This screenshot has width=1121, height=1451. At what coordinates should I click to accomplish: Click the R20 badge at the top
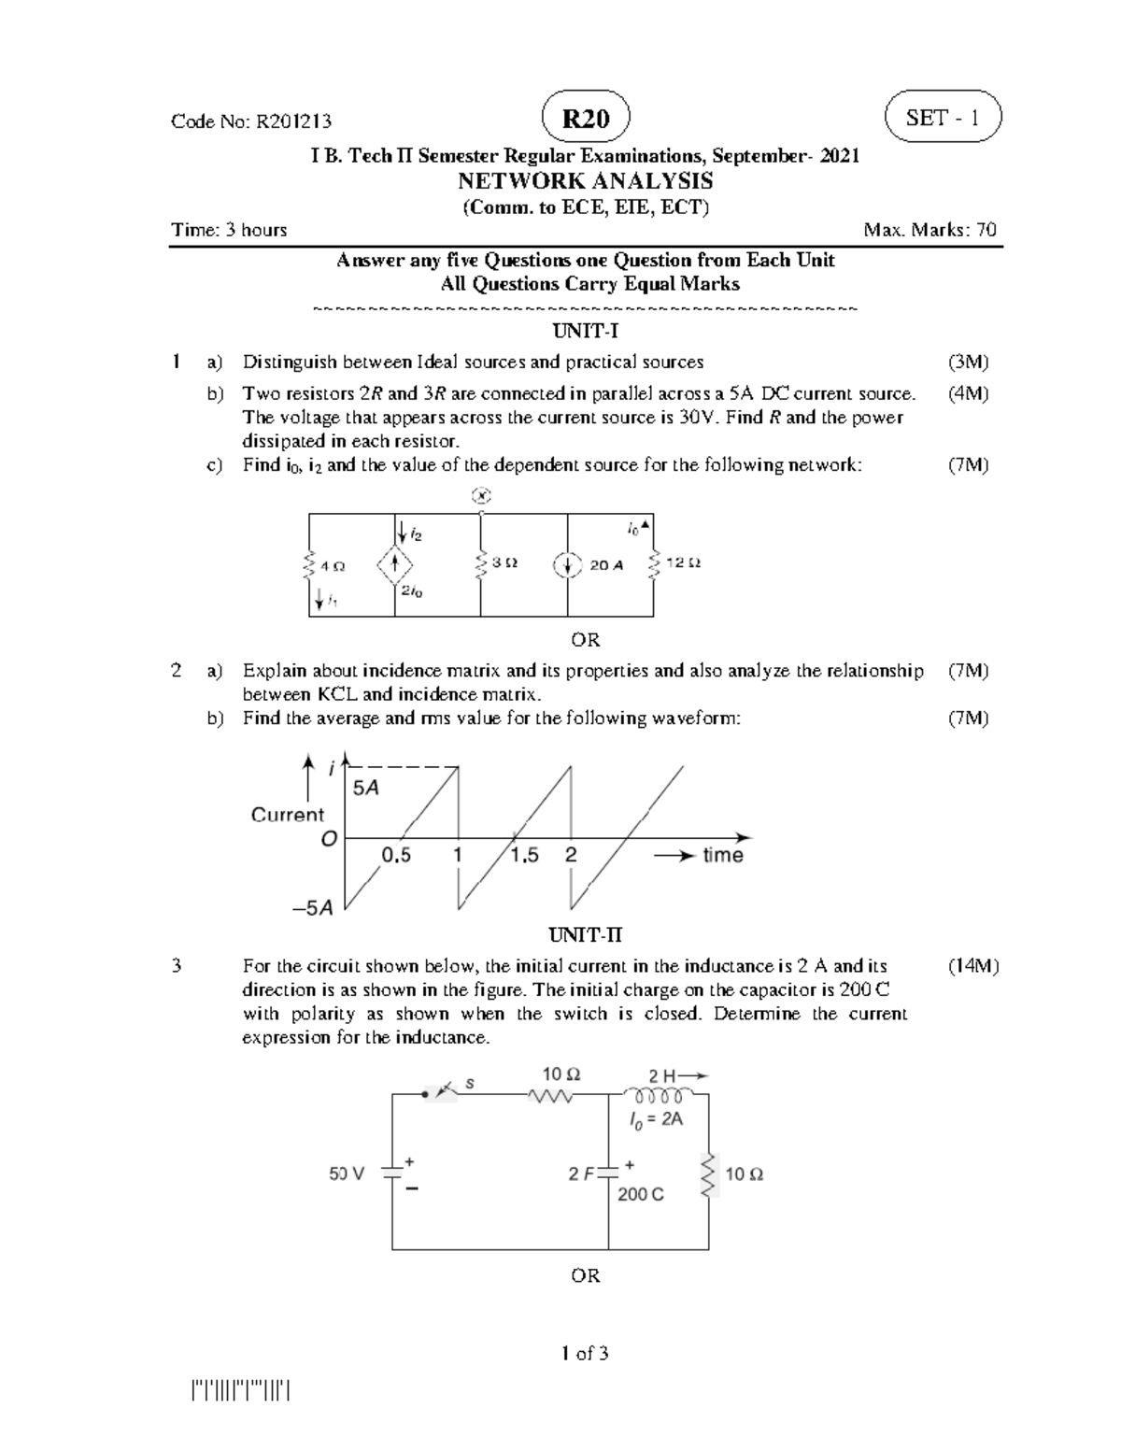coord(585,119)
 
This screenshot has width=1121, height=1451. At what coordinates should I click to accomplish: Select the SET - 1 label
coord(943,118)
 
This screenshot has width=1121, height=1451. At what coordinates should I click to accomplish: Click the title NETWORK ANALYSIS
coord(585,180)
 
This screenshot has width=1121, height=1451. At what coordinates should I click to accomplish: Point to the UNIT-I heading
coord(585,331)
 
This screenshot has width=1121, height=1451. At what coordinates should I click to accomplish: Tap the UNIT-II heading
coord(585,935)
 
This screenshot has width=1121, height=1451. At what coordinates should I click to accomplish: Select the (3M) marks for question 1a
coord(968,362)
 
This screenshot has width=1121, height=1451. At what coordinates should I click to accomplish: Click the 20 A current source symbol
coord(567,565)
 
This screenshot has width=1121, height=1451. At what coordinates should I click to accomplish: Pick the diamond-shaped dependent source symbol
coord(395,564)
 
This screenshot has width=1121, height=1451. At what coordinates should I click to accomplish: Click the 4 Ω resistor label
coord(332,566)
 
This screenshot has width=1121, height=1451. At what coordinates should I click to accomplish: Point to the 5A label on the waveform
coord(365,789)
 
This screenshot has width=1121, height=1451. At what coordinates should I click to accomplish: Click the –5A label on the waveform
coord(313,907)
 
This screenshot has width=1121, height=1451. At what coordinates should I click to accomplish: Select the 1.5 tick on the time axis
coord(524,855)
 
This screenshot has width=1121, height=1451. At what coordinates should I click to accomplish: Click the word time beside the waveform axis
coord(722,855)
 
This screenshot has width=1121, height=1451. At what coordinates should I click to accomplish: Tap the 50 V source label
coord(347,1174)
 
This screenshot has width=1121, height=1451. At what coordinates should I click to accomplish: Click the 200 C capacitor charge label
coord(641,1194)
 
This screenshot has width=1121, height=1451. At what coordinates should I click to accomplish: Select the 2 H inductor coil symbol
coord(659,1095)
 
